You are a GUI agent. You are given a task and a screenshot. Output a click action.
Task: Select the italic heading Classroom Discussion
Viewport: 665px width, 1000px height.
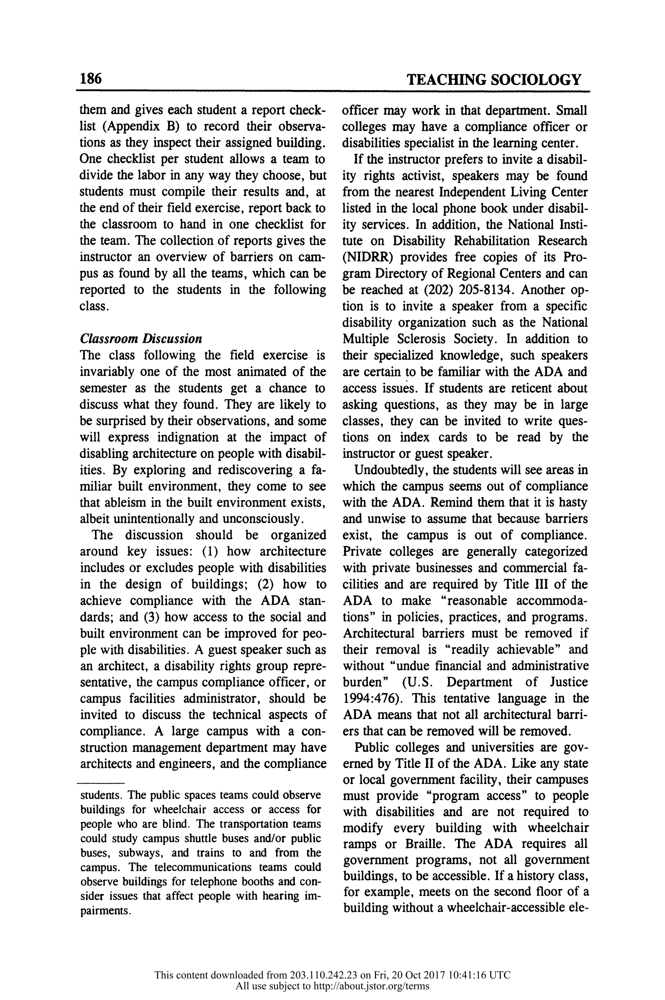[141, 339]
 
